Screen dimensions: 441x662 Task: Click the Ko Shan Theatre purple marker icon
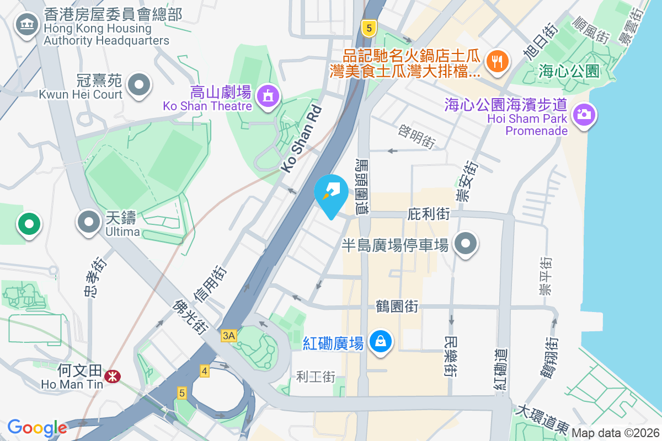268,95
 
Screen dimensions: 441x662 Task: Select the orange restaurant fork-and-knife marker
498,61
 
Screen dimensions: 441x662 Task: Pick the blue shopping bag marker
380,341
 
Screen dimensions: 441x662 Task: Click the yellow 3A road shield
229,335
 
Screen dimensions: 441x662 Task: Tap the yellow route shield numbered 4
205,371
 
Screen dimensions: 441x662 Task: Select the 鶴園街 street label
397,305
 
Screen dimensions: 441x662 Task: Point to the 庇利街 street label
429,213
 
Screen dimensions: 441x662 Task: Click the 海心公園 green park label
569,71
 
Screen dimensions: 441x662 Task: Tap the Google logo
37,427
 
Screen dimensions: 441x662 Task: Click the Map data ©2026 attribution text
615,433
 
